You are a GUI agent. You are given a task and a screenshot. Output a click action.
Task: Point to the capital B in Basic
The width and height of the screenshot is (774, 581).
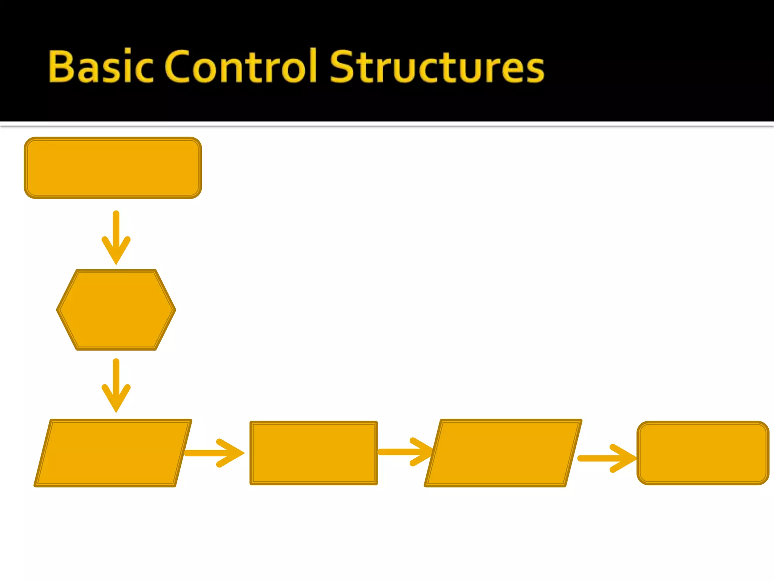point(62,67)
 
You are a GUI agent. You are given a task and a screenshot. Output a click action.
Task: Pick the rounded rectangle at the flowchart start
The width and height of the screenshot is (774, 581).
point(113,168)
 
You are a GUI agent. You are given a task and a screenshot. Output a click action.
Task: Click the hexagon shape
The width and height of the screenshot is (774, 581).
point(116,310)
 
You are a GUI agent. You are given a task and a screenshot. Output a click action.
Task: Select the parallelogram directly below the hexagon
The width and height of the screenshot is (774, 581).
point(113,453)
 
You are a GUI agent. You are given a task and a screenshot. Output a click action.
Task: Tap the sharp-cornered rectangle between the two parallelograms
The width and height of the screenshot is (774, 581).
point(314,453)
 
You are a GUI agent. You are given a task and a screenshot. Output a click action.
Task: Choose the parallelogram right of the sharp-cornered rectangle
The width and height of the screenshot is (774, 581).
point(503,453)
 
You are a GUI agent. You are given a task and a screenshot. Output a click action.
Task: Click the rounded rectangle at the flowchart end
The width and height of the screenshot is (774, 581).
point(703,453)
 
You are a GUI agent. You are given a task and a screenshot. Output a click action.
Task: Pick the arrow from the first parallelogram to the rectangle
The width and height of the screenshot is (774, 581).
point(214,453)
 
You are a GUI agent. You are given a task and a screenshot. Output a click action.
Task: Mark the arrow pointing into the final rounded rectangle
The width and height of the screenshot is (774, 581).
point(607,458)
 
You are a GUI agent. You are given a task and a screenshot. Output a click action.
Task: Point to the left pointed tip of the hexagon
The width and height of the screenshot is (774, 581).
point(58,310)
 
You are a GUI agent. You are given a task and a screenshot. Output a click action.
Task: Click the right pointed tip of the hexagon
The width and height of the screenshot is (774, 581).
point(174,310)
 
